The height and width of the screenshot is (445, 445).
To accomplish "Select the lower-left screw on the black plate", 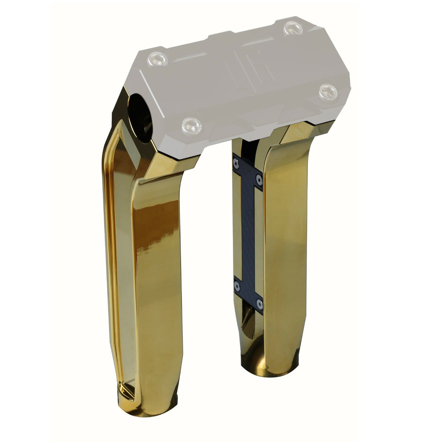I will [x=236, y=286].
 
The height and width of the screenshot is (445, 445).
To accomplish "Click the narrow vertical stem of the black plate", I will [x=248, y=234].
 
